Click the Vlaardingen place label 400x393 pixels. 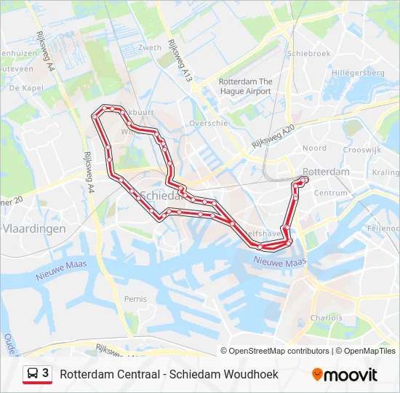tap(34, 229)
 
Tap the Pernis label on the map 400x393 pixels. tap(135, 299)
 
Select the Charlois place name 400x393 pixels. tap(325, 318)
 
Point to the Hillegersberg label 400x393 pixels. tap(358, 74)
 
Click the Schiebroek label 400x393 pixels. tap(309, 53)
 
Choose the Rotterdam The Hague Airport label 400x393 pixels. tap(245, 87)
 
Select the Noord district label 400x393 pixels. tap(314, 148)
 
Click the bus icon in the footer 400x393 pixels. tap(32, 373)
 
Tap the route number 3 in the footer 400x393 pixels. tap(46, 373)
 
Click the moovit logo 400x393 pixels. tap(345, 375)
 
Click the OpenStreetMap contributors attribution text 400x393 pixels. tap(279, 351)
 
